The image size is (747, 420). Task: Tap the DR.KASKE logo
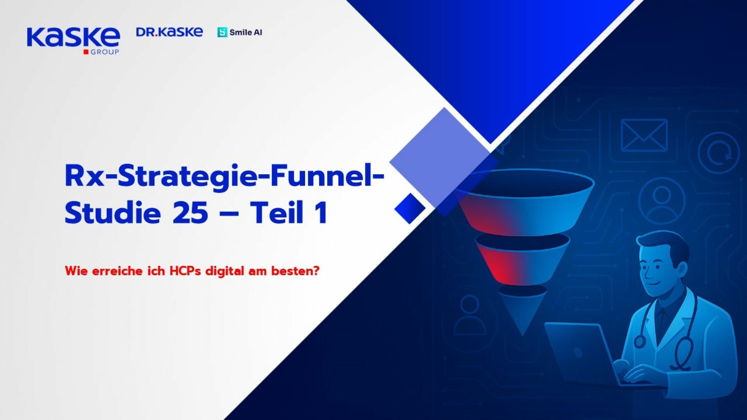pyautogui.click(x=169, y=32)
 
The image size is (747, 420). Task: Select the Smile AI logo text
pyautogui.click(x=245, y=33)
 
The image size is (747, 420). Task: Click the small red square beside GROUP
pyautogui.click(x=86, y=52)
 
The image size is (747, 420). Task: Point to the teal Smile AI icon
pyautogui.click(x=222, y=33)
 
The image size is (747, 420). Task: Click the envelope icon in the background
pyautogui.click(x=644, y=135)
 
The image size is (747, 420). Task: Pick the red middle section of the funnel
pyautogui.click(x=506, y=261)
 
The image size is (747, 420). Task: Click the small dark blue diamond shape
pyautogui.click(x=409, y=208)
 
